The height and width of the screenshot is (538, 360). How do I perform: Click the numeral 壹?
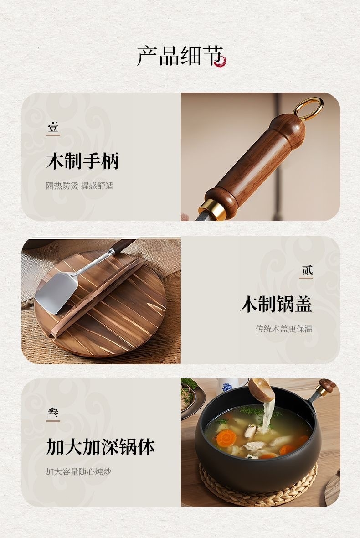click(x=53, y=127)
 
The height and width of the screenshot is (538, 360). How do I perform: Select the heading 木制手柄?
click(x=82, y=161)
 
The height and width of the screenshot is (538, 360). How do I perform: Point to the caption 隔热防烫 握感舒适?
click(x=80, y=186)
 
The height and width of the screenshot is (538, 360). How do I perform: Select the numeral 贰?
click(x=307, y=270)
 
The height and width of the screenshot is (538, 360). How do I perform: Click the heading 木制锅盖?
click(x=276, y=304)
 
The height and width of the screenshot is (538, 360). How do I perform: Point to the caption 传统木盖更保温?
click(x=284, y=329)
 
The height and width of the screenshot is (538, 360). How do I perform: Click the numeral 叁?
click(x=53, y=413)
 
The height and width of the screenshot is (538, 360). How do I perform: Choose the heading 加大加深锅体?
click(x=100, y=447)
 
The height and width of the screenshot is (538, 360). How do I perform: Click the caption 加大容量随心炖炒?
click(x=79, y=471)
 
